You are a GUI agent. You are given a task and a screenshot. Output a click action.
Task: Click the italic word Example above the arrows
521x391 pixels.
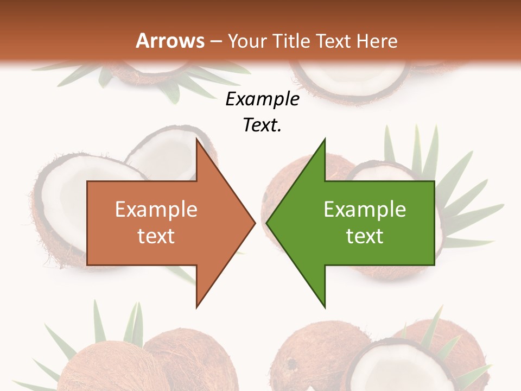pyautogui.click(x=262, y=99)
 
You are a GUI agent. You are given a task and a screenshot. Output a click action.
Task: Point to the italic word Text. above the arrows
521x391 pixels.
pyautogui.click(x=262, y=125)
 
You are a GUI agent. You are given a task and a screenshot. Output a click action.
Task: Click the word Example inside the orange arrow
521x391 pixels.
pyautogui.click(x=156, y=210)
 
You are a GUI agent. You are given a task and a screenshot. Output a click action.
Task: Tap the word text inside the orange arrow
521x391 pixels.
pyautogui.click(x=156, y=236)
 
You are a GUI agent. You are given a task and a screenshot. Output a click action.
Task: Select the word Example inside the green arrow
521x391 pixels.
pyautogui.click(x=365, y=210)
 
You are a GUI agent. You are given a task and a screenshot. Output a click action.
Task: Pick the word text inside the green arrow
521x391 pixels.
pyautogui.click(x=365, y=236)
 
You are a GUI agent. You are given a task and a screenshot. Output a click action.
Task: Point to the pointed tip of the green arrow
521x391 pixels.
pyautogui.click(x=267, y=223)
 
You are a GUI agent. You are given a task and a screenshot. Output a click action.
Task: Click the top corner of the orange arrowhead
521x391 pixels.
pyautogui.click(x=196, y=139)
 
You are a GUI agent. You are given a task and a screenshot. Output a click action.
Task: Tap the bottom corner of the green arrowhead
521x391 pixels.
pyautogui.click(x=325, y=307)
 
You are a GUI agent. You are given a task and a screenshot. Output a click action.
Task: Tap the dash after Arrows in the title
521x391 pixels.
pyautogui.click(x=216, y=41)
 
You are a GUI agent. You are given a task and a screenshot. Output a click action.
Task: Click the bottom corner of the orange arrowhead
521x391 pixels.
pyautogui.click(x=196, y=307)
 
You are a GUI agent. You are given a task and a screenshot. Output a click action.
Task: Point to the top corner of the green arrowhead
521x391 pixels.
pyautogui.click(x=325, y=139)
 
